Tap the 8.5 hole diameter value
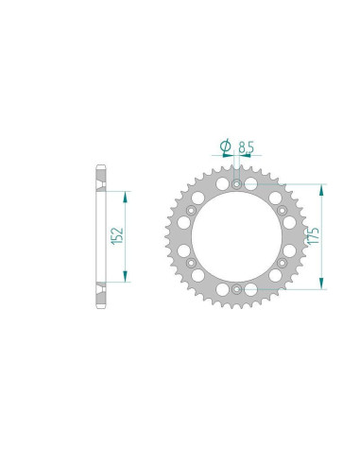(x=246, y=147)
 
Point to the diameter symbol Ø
(x=225, y=146)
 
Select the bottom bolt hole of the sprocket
(x=236, y=288)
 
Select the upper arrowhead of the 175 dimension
(x=324, y=183)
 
